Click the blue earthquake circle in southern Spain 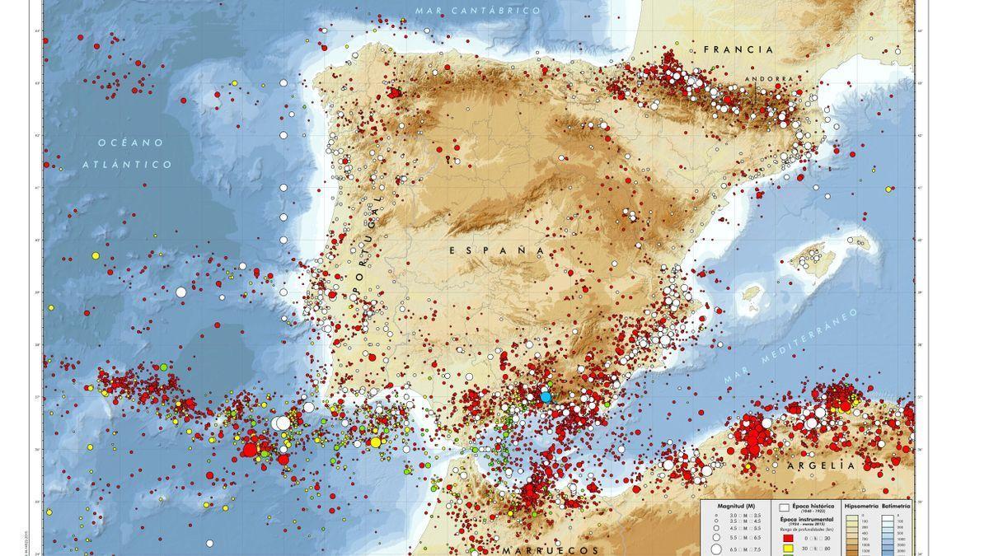546,396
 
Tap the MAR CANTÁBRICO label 477,11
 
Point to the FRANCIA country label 738,49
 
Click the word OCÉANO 130,143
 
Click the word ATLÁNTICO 127,165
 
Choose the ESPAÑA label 498,249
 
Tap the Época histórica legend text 813,505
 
